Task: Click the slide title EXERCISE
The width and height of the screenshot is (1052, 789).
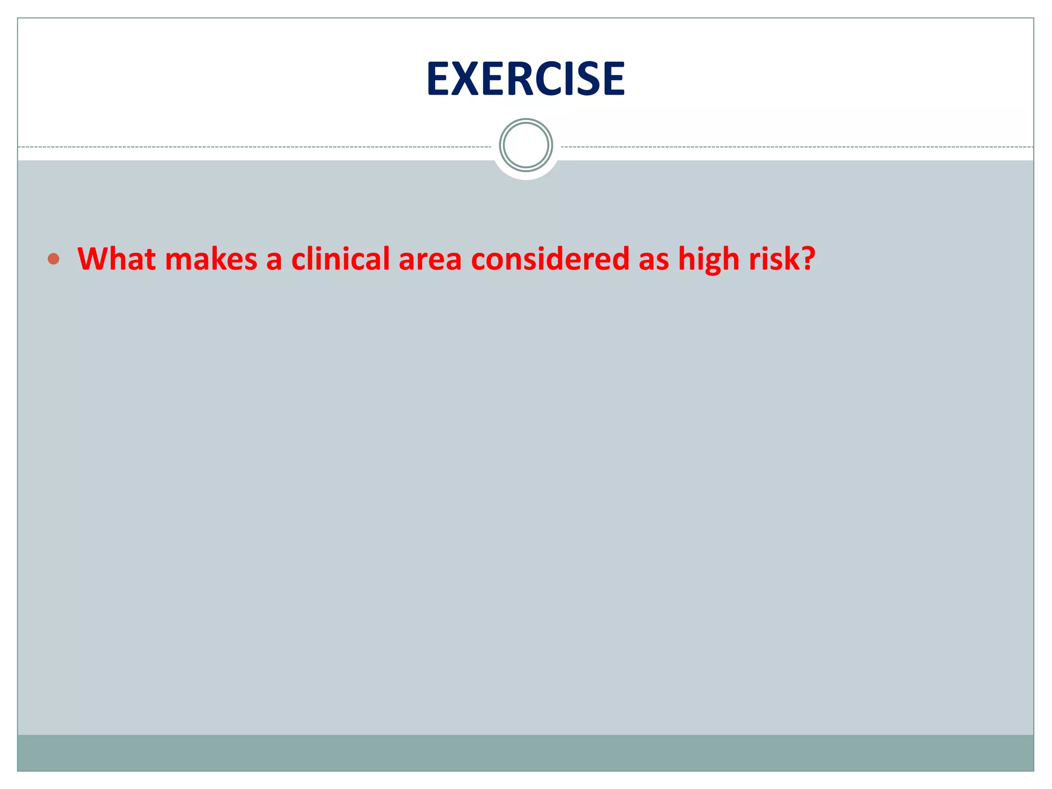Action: (x=525, y=79)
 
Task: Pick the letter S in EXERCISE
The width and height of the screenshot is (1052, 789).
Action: (x=591, y=79)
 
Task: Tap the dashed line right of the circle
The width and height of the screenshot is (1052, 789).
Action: (x=796, y=147)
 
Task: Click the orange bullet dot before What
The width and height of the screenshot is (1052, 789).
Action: (x=53, y=259)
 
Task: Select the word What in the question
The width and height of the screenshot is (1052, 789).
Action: (x=117, y=258)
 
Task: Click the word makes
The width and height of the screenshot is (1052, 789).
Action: (x=211, y=258)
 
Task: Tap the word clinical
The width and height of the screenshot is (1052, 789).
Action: (x=341, y=258)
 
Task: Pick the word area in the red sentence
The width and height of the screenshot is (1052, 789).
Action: (x=430, y=259)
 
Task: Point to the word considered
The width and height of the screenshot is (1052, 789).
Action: (x=550, y=258)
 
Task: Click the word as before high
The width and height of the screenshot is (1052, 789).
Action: (x=653, y=259)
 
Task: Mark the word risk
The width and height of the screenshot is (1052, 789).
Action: (x=771, y=258)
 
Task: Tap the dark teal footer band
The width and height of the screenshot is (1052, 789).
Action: (x=525, y=753)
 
